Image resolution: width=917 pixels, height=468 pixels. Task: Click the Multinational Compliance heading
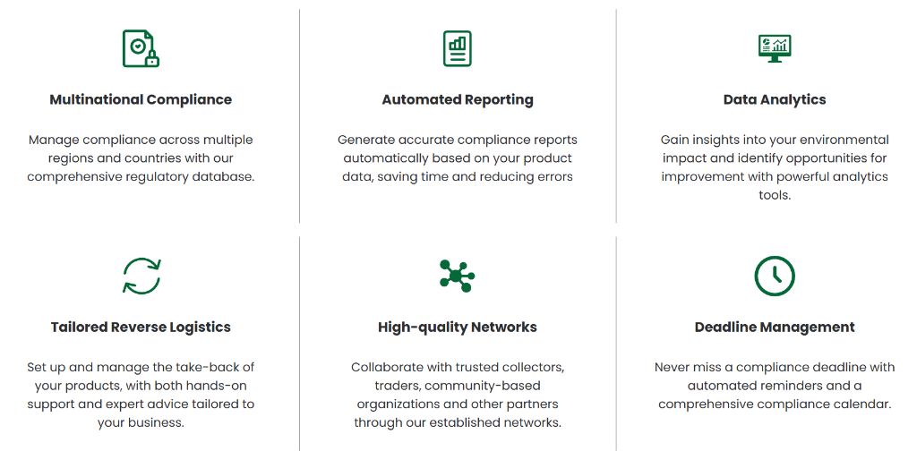[x=141, y=100]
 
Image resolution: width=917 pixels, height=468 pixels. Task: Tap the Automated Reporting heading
[x=458, y=100]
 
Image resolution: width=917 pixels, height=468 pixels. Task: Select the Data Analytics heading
[x=775, y=100]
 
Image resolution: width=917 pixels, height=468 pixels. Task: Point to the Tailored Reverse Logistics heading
[x=141, y=328]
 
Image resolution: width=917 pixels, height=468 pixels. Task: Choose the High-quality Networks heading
[x=458, y=328]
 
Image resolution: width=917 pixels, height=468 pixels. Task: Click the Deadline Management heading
[x=775, y=328]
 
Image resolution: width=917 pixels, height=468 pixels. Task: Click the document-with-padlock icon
[x=141, y=48]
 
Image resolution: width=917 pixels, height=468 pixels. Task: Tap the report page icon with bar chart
[x=458, y=48]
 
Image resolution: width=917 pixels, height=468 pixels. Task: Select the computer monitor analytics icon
[x=775, y=48]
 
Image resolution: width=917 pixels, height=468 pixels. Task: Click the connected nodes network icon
[x=457, y=276]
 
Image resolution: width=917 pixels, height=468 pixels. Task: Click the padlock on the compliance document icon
[x=152, y=58]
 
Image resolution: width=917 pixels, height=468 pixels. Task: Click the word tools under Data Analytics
[x=775, y=195]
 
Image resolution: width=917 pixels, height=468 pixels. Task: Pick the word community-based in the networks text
[x=483, y=386]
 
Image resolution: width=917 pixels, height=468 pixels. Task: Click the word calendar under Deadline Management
[x=866, y=404]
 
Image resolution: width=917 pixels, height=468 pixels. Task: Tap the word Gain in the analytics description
[x=673, y=140]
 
